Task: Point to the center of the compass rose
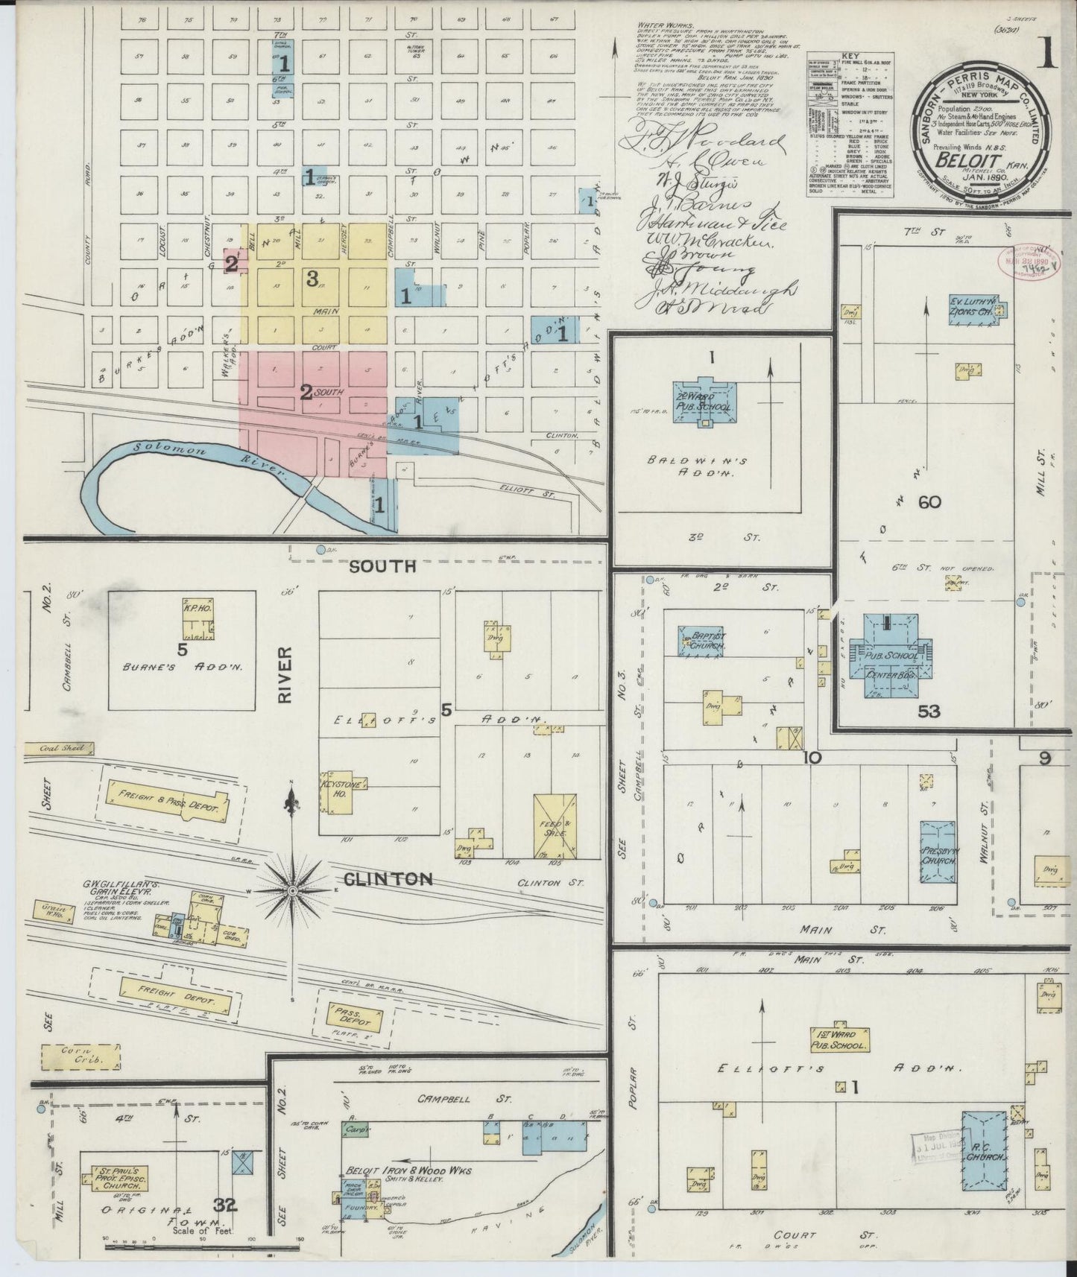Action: coord(293,890)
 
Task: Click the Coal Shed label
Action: coord(57,749)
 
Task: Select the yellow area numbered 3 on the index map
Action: coord(312,279)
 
